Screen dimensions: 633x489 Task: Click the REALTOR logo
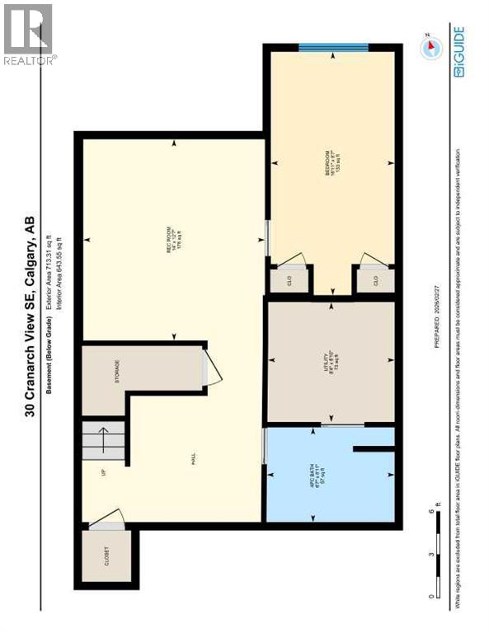pyautogui.click(x=29, y=33)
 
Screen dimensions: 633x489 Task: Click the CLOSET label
pyautogui.click(x=105, y=557)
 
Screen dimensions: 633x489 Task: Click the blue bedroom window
pyautogui.click(x=333, y=46)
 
